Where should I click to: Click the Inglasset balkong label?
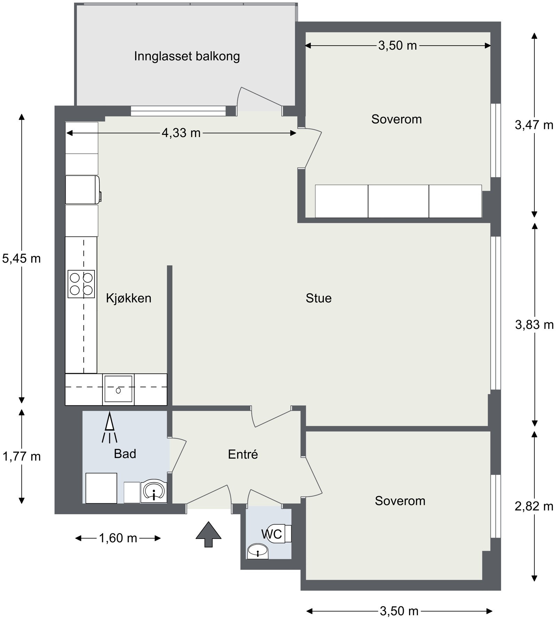[187, 56]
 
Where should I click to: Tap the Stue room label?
[318, 298]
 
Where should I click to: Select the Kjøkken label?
[129, 298]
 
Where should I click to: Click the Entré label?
[243, 454]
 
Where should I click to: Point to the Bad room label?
[125, 454]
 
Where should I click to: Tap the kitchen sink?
[118, 389]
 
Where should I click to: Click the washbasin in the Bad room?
[154, 491]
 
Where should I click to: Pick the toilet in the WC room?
[281, 533]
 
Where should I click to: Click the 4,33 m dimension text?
[181, 133]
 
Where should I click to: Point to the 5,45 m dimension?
[22, 258]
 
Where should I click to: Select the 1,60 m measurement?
[118, 538]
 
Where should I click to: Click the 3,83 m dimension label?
[534, 325]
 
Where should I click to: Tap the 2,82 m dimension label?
[534, 506]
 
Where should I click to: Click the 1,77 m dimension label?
[22, 456]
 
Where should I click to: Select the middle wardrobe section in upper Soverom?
[398, 201]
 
